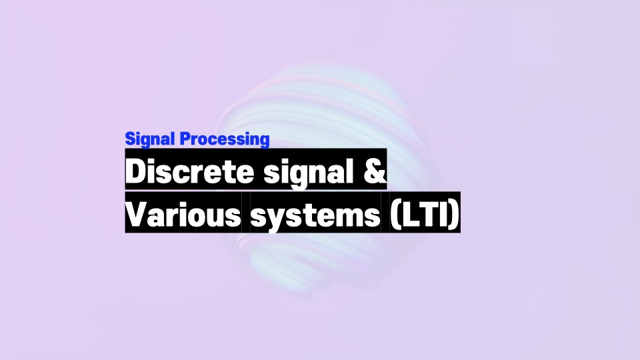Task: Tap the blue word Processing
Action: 225,139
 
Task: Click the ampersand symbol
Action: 374,171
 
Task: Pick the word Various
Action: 183,214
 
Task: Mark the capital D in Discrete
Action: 136,171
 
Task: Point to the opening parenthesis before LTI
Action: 395,215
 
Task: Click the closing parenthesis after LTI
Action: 455,215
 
